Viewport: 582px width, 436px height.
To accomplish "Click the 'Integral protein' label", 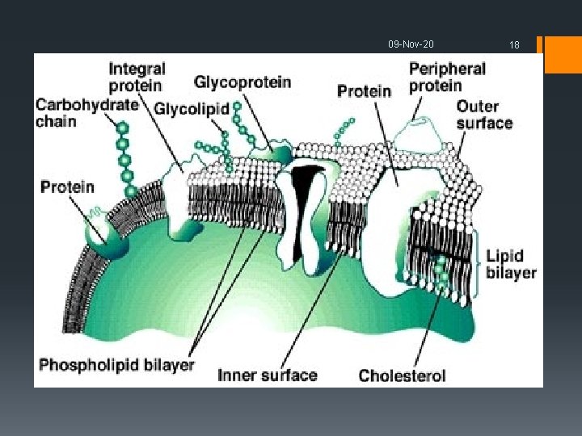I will tap(137, 77).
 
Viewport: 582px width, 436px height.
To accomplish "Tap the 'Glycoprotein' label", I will tap(242, 82).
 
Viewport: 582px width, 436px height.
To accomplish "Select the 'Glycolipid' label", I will tap(191, 108).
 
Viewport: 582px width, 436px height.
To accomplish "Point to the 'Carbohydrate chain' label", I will tap(86, 113).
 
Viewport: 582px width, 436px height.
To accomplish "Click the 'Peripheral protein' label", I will tap(447, 77).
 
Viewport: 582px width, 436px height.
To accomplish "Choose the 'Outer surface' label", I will tap(484, 115).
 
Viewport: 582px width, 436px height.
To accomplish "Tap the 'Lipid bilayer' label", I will tap(511, 264).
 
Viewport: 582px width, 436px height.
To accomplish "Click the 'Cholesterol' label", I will tap(402, 375).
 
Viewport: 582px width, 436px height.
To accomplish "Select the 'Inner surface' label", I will tap(267, 375).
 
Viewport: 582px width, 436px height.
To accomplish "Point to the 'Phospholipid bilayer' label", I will tap(117, 365).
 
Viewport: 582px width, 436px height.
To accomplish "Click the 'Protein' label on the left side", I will tap(67, 187).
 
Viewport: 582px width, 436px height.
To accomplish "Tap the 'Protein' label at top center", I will tap(364, 90).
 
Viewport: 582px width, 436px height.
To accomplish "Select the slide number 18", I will tap(514, 45).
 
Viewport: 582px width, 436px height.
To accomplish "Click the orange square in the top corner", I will tap(563, 54).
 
